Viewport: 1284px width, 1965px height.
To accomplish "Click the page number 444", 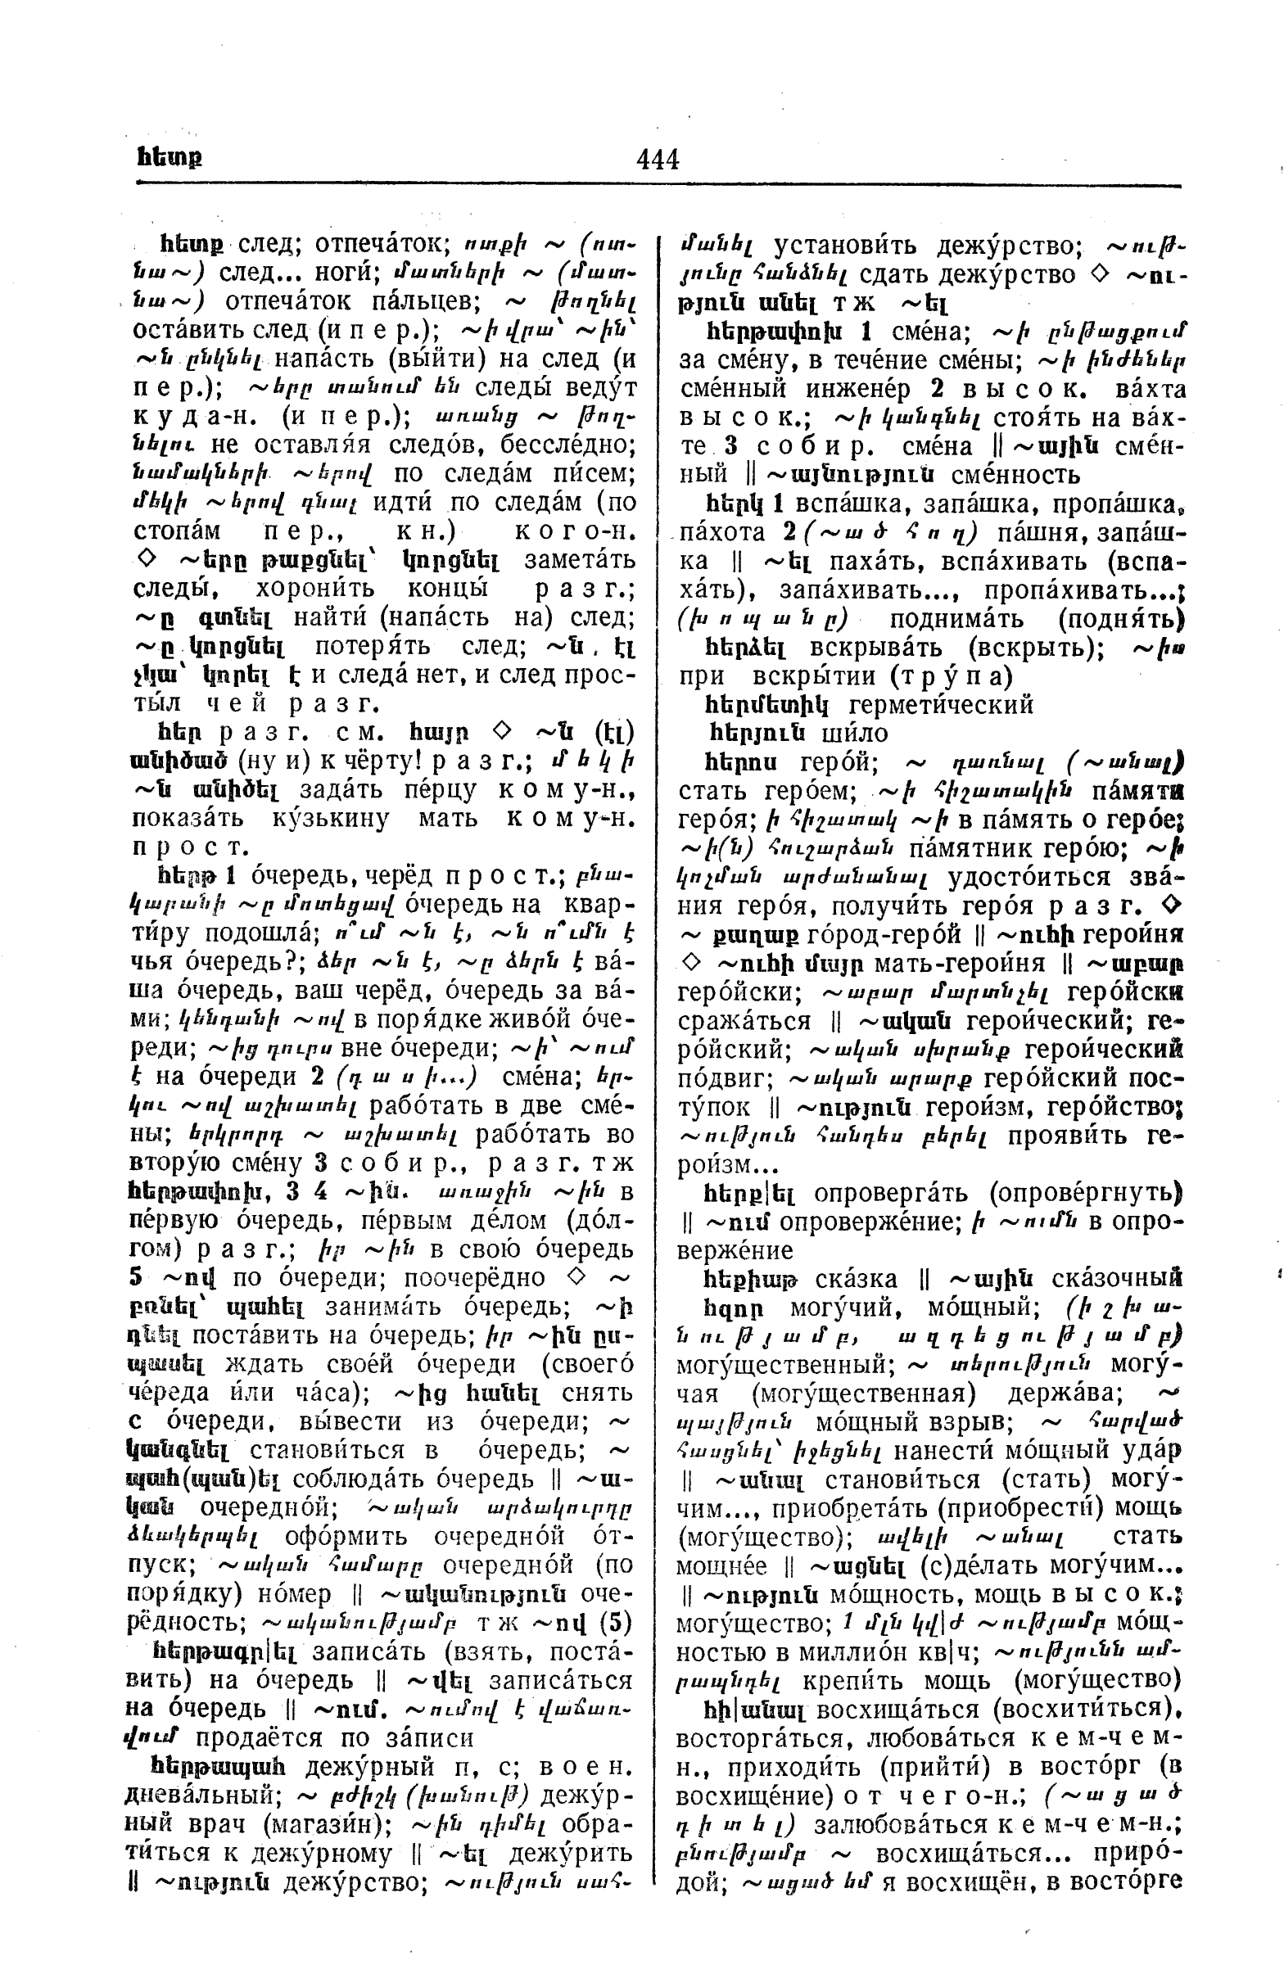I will (658, 158).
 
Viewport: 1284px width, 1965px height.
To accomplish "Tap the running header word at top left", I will (170, 157).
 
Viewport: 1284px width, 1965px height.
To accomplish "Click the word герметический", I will (942, 704).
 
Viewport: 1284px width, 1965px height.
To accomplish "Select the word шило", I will (855, 733).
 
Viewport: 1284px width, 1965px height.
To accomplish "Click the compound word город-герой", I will (884, 935).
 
